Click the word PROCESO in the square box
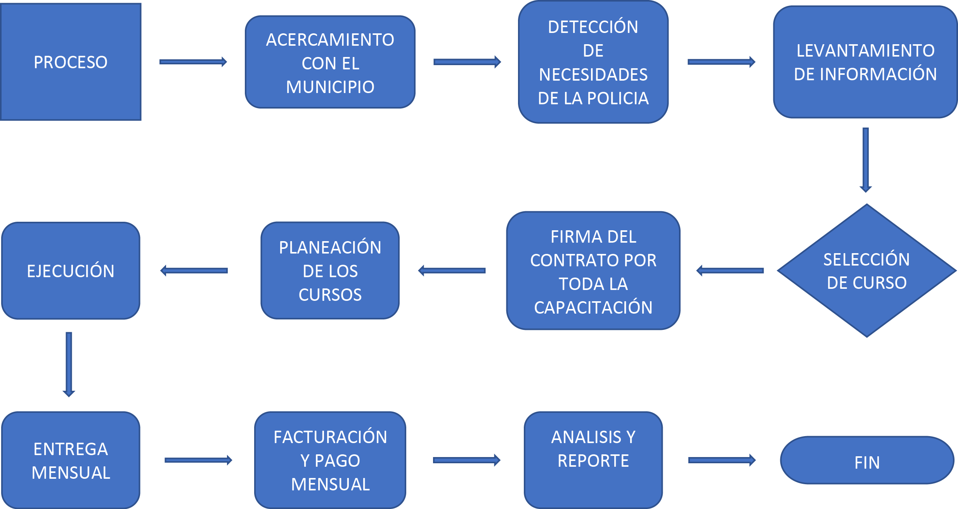point(71,62)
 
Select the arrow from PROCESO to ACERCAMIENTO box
point(193,62)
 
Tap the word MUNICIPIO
point(330,87)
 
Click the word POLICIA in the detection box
point(618,98)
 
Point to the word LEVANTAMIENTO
point(866,51)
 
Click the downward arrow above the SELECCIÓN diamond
point(866,159)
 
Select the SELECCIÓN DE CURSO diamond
point(866,271)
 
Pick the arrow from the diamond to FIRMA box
point(730,271)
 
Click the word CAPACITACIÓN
point(593,308)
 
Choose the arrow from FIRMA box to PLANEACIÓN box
point(452,271)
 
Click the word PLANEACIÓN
point(330,248)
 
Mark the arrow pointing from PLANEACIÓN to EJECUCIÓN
point(194,271)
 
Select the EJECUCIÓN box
point(71,271)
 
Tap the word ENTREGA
point(71,449)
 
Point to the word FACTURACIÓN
point(330,437)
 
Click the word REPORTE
point(593,461)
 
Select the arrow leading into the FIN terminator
point(722,460)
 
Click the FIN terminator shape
point(867,461)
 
